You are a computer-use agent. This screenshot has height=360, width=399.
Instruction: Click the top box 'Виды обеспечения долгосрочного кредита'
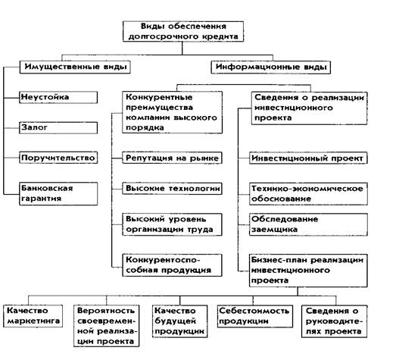point(183,31)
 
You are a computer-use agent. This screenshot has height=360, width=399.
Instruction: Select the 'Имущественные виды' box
point(75,67)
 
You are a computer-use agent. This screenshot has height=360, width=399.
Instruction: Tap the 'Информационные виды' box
point(271,67)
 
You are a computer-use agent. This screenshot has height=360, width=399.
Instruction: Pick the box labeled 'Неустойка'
point(58,97)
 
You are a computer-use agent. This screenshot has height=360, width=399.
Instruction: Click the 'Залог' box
point(58,127)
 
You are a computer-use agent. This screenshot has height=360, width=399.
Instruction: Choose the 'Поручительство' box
point(58,158)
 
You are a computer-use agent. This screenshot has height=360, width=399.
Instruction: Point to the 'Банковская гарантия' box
point(58,193)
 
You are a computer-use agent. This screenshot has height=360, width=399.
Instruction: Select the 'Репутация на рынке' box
point(172,158)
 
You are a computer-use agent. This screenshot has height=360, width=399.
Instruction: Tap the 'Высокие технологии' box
point(172,189)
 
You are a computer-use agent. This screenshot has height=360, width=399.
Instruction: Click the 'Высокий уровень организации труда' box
point(172,224)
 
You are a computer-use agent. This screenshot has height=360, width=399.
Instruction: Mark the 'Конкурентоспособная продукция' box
point(172,265)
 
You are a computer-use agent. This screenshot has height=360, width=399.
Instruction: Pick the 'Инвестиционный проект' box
point(308,158)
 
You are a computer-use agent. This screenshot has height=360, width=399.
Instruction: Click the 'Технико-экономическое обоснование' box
point(308,194)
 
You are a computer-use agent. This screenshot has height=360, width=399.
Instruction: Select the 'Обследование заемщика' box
point(308,224)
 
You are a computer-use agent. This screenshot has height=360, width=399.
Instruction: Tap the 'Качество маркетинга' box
point(33,316)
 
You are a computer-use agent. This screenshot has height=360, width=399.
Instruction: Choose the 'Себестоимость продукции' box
point(255,316)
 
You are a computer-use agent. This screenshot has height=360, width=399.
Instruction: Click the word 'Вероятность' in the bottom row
point(106,311)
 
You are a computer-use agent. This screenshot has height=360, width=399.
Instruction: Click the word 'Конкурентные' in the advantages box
point(159,97)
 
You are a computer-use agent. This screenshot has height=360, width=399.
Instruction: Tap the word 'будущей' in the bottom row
point(175,321)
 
